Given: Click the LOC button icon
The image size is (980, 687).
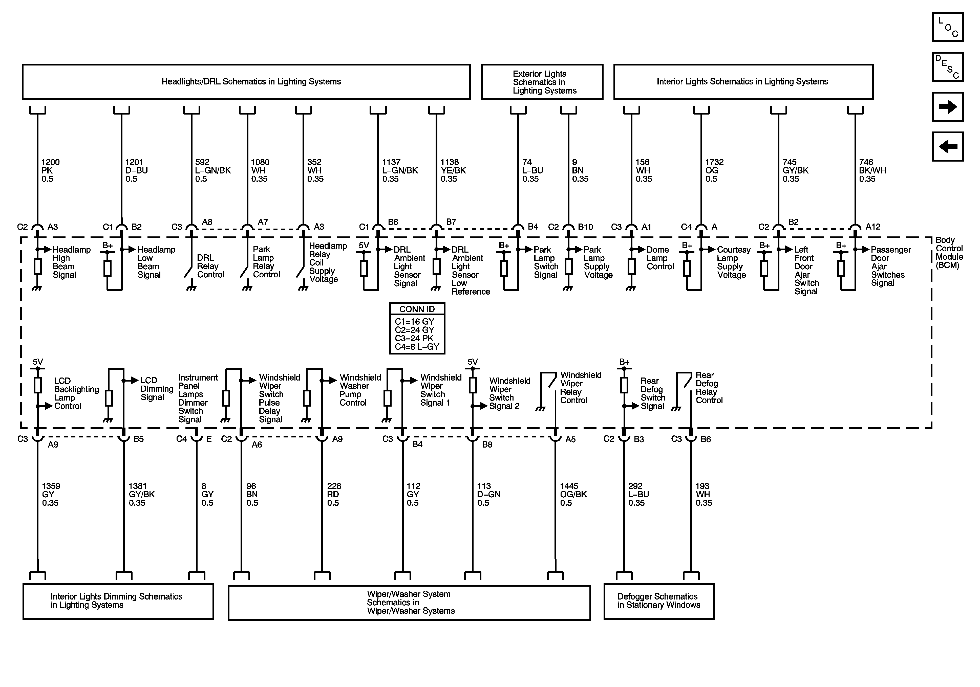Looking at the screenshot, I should (x=948, y=27).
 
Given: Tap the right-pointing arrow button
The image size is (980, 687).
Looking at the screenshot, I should (x=948, y=107).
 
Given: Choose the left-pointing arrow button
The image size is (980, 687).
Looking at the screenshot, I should (x=948, y=146).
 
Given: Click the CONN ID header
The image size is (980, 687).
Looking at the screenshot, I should (x=417, y=309).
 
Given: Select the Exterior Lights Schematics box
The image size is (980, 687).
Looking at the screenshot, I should (x=542, y=82).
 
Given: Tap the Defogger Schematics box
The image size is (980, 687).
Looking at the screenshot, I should (x=658, y=601).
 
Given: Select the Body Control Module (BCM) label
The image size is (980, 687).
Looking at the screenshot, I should (x=949, y=253).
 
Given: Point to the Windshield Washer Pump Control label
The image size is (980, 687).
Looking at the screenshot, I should (x=360, y=390).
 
